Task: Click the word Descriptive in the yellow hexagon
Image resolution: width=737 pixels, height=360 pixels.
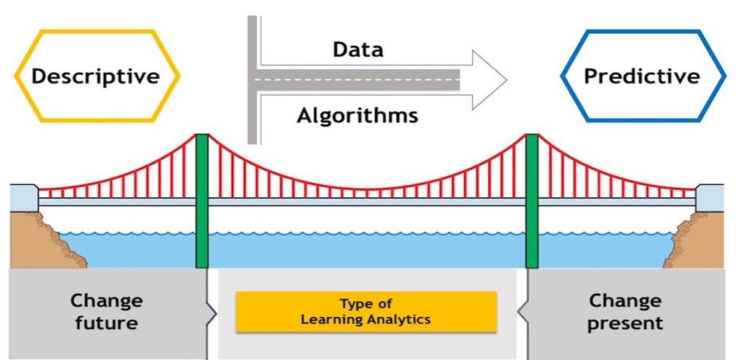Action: pos(95,76)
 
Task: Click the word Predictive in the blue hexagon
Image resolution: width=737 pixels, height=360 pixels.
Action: pos(641,76)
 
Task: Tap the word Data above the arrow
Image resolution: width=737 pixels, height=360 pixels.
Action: pos(358,50)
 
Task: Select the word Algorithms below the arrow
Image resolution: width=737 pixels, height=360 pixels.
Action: pos(357,114)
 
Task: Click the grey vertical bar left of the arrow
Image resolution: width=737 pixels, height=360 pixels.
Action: pos(253,79)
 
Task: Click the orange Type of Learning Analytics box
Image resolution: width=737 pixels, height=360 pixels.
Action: pos(366,312)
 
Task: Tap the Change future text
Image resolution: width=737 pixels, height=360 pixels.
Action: pos(106,312)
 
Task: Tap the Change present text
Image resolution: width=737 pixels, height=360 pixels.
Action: pos(625,312)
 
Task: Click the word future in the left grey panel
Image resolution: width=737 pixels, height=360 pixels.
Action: pos(106,323)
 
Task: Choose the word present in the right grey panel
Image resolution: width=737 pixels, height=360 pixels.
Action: pos(625,323)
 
